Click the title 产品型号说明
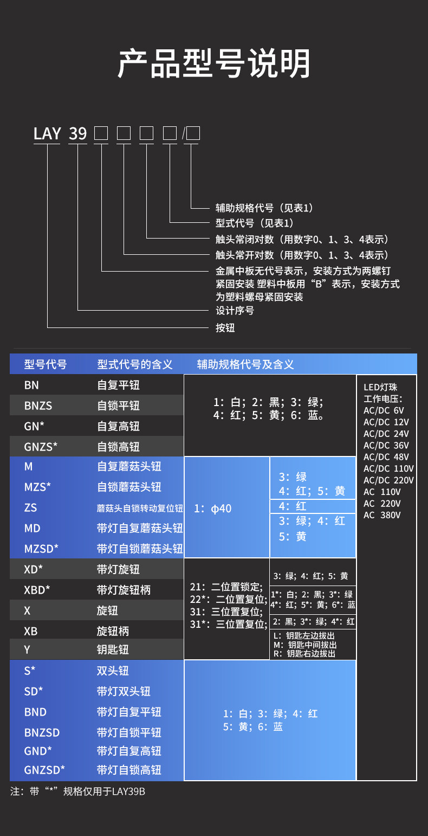(214, 64)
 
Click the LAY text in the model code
(47, 133)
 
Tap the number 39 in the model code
(78, 133)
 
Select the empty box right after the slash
(193, 133)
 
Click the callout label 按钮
(225, 328)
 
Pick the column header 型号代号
(46, 364)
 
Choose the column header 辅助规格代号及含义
(245, 364)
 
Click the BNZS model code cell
(38, 406)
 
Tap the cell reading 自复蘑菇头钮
(129, 466)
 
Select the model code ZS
(31, 508)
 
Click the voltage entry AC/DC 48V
(386, 457)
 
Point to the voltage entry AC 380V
(382, 515)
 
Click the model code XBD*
(37, 590)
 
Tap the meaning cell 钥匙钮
(113, 649)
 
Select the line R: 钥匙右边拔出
(304, 654)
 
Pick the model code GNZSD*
(44, 769)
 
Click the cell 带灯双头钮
(124, 691)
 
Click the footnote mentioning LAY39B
(78, 792)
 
